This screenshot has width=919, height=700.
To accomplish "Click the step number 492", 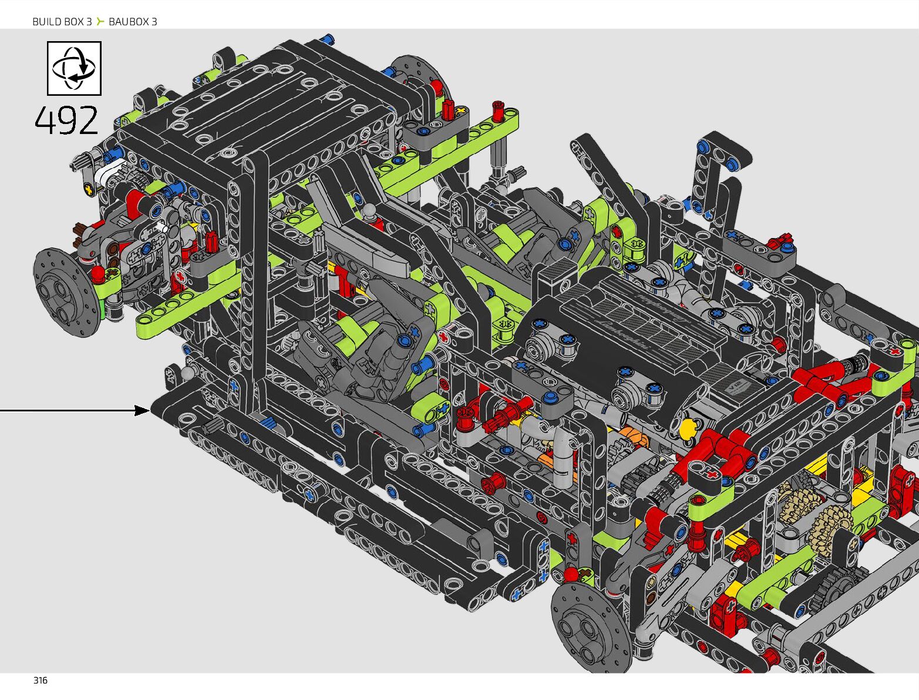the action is click(x=66, y=120).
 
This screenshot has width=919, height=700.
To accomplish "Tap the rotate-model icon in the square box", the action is click(x=73, y=68).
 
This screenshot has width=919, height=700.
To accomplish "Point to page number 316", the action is click(x=40, y=681).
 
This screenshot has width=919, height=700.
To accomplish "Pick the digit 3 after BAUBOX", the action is click(x=154, y=22).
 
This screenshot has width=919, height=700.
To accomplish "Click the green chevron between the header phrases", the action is click(x=100, y=21).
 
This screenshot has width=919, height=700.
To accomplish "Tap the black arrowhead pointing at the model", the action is click(x=142, y=410).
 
